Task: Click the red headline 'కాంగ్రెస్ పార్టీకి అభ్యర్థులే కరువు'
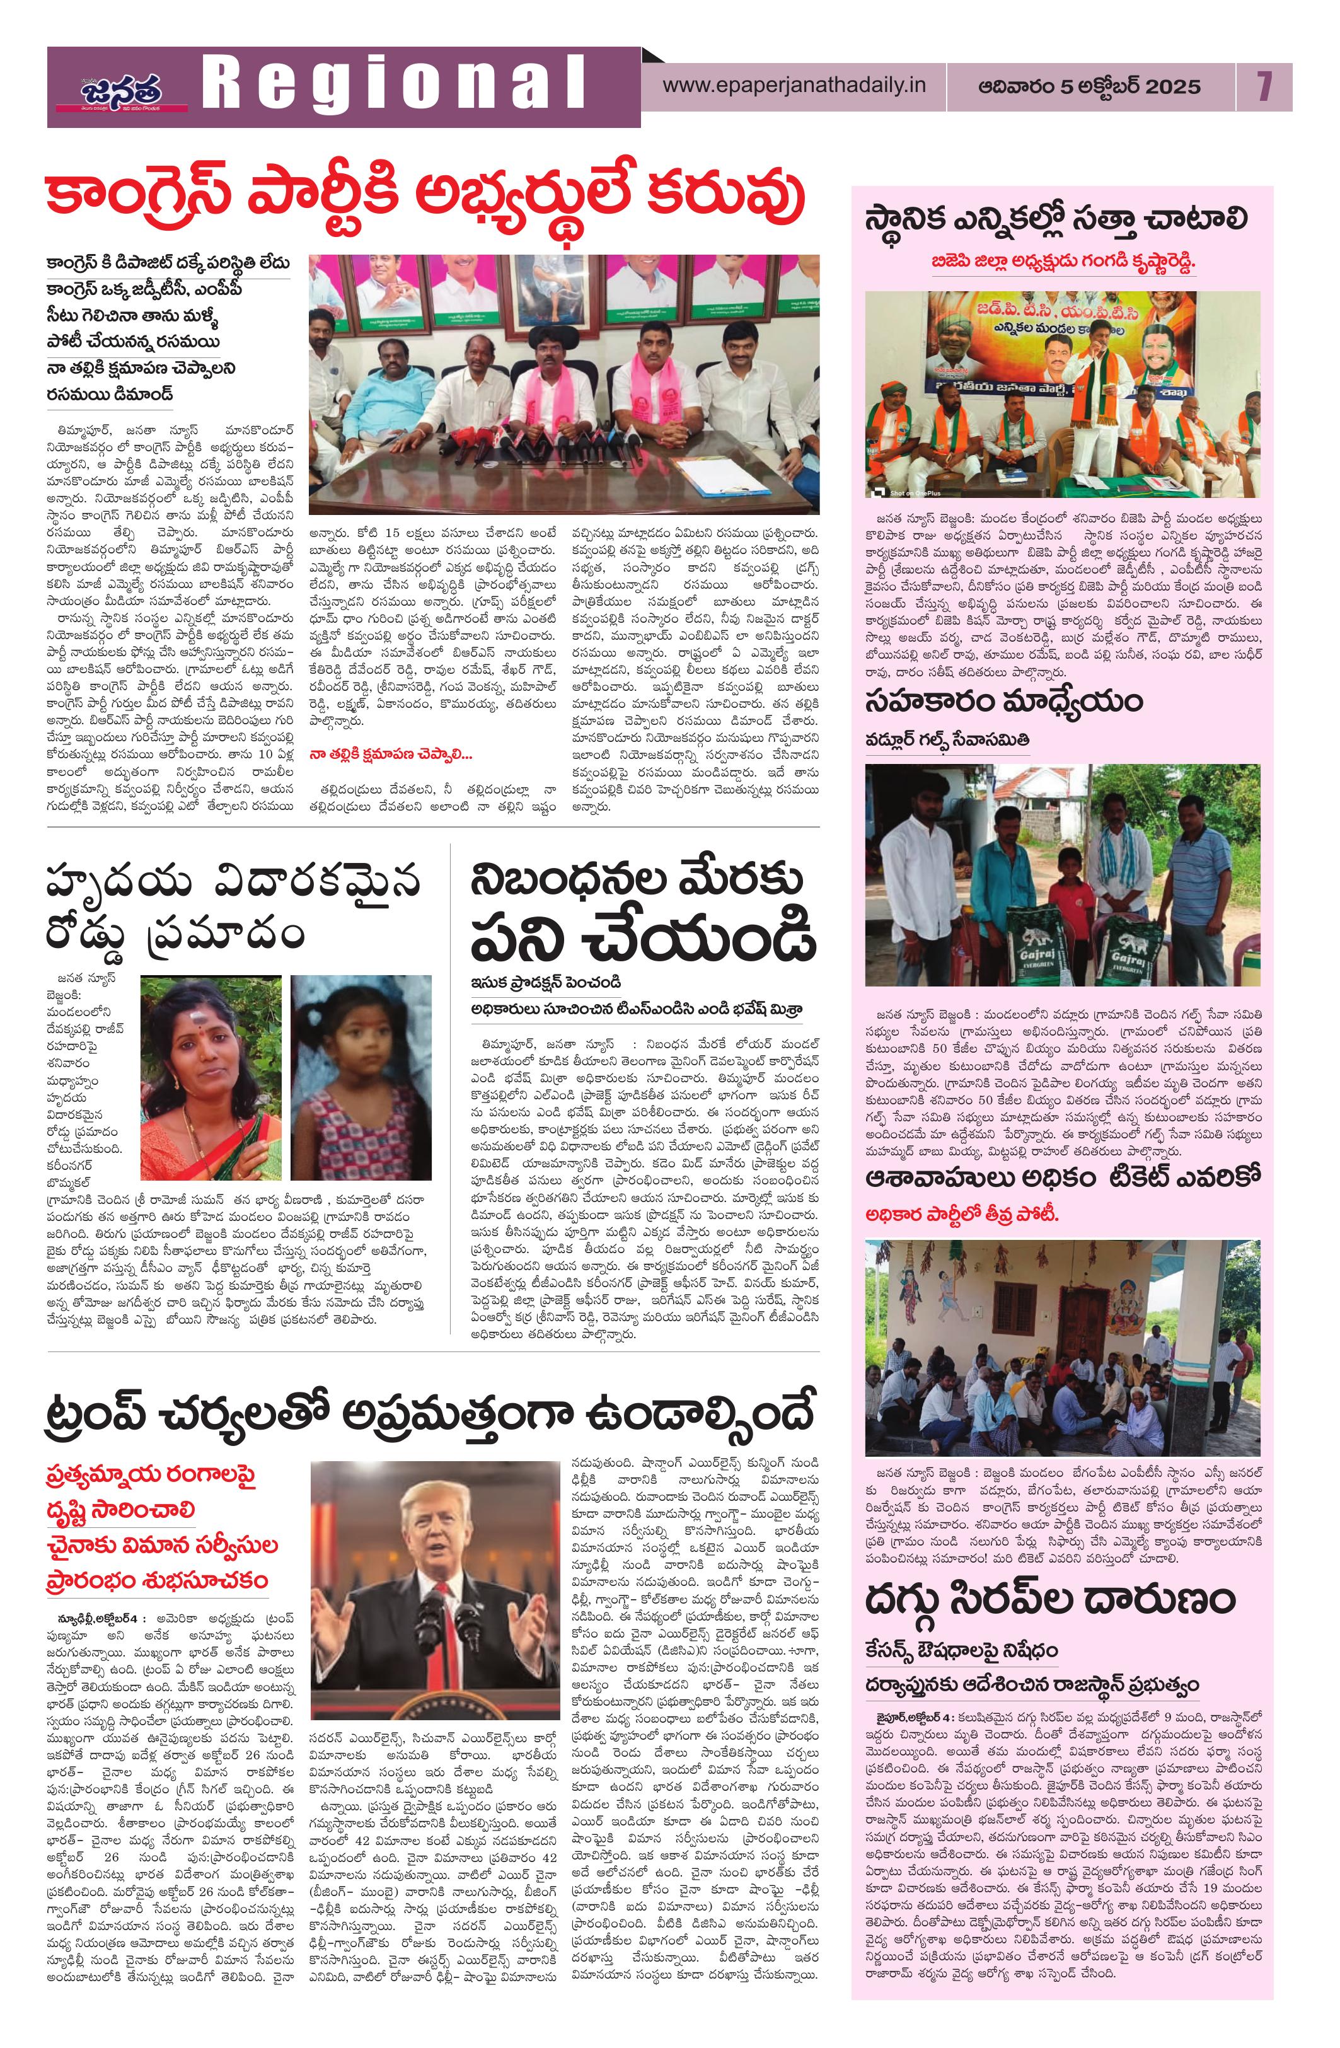tap(425, 197)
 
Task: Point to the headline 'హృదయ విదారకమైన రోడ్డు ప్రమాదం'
tap(233, 910)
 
